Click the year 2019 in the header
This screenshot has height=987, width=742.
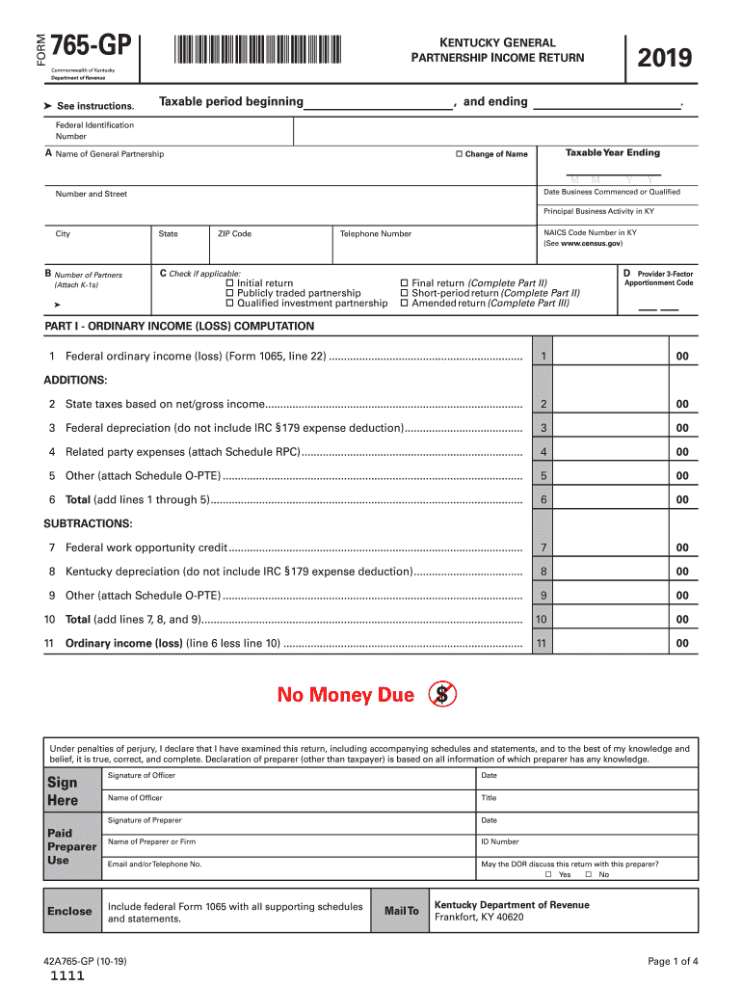pyautogui.click(x=664, y=59)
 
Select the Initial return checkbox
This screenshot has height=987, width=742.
pyautogui.click(x=229, y=283)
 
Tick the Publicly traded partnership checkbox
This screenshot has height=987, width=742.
pyautogui.click(x=229, y=293)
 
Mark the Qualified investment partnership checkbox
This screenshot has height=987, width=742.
pyautogui.click(x=229, y=304)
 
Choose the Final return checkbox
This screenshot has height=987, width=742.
pyautogui.click(x=404, y=283)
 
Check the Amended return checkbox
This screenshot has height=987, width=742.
pyautogui.click(x=404, y=304)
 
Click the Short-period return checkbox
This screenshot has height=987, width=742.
pyautogui.click(x=404, y=293)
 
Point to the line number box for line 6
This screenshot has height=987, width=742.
pyautogui.click(x=544, y=499)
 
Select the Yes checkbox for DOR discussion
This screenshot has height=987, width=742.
pyautogui.click(x=548, y=875)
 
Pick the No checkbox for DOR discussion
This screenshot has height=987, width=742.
pyautogui.click(x=589, y=875)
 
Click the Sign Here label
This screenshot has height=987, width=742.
pyautogui.click(x=63, y=791)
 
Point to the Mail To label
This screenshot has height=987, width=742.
pyautogui.click(x=402, y=911)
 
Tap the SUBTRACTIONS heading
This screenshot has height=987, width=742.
pyautogui.click(x=88, y=523)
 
